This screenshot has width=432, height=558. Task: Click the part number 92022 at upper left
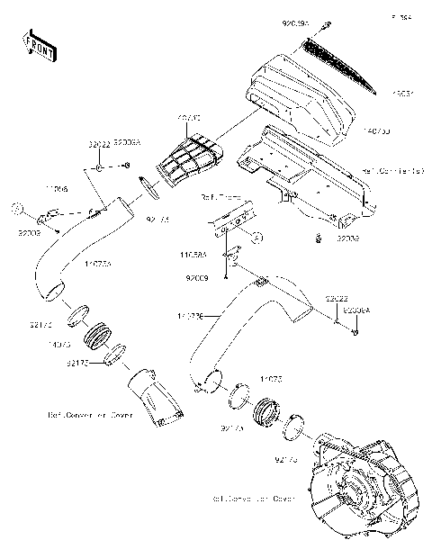coord(99,144)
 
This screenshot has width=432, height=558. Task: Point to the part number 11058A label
coord(193,255)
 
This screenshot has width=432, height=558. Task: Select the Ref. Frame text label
coord(219,195)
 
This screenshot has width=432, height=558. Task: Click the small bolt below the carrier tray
coord(319,238)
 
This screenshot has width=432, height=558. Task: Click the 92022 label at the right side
coord(337,297)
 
